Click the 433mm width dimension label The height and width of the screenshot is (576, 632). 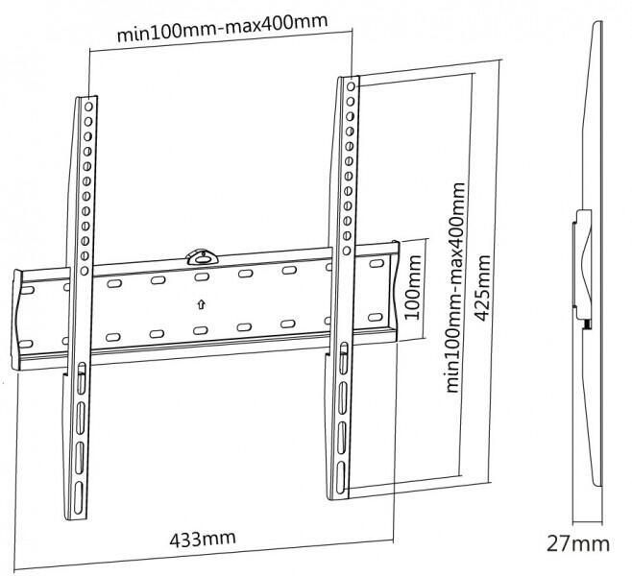pos(200,539)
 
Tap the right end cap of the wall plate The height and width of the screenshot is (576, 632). pos(388,288)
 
